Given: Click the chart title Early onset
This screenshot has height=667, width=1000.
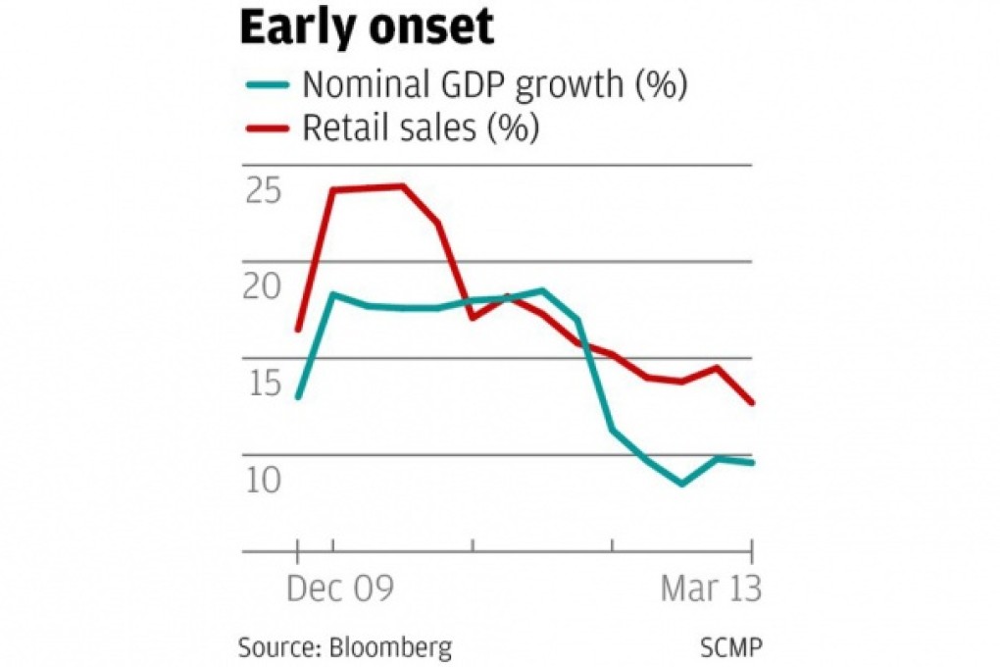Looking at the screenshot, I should [x=367, y=29].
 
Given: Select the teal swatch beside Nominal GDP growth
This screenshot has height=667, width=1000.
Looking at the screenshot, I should [x=265, y=85].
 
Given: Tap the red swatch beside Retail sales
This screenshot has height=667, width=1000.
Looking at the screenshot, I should [x=265, y=128].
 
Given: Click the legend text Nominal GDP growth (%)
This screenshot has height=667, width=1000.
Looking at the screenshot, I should [x=493, y=85].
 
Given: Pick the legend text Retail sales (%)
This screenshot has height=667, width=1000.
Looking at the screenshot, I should [x=420, y=128].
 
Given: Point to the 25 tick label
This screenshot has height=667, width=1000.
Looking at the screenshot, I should [x=262, y=190].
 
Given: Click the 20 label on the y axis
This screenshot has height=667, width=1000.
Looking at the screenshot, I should [x=262, y=286].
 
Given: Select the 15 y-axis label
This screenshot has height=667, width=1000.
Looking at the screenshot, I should [x=262, y=384].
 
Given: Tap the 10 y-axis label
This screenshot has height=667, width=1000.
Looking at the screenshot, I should [x=262, y=480].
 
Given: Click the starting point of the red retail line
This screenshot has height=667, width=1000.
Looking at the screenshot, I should [x=298, y=330].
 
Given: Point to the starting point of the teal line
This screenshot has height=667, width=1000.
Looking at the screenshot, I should [x=298, y=396].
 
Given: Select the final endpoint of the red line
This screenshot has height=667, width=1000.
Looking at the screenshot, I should [x=752, y=403].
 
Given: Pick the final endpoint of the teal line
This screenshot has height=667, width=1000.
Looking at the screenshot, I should [x=752, y=462].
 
